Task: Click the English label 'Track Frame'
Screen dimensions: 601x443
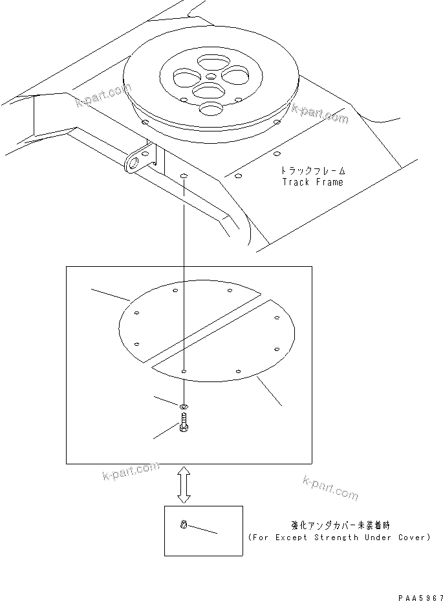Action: coord(313,183)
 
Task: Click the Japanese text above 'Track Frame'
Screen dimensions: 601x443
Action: coord(313,171)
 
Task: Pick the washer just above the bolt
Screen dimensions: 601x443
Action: coord(184,405)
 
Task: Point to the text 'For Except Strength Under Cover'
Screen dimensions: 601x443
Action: coord(339,538)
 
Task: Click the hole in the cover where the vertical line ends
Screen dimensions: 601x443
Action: coord(184,372)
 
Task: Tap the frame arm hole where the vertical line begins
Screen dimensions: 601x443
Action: coord(184,176)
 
